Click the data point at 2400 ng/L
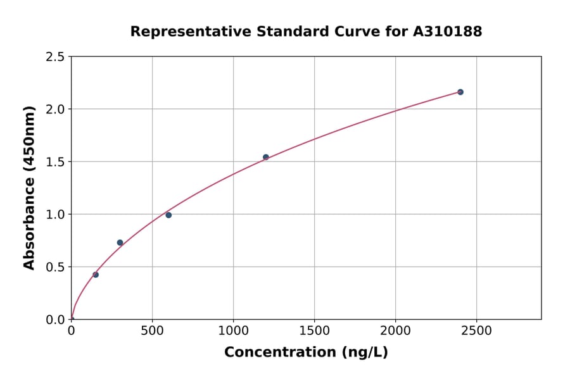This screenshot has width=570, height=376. tap(460, 92)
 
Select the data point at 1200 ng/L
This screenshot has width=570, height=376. tap(266, 157)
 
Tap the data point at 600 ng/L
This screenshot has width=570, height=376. tap(168, 215)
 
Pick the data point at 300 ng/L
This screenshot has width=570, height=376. tap(120, 242)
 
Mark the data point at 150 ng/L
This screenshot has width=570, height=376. tap(96, 275)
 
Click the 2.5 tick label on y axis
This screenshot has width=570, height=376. tap(56, 57)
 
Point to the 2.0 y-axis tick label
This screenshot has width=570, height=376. tap(56, 110)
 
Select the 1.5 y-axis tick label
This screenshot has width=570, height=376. tap(56, 162)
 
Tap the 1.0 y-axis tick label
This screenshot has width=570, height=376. tap(56, 215)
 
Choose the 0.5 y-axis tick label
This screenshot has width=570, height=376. tap(56, 267)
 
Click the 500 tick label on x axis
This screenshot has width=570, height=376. tap(152, 330)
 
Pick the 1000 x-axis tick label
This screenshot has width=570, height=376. tap(233, 330)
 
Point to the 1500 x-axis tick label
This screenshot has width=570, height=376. tap(314, 330)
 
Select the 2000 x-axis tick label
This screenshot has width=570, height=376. tap(395, 330)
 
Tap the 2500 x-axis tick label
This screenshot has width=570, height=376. tap(476, 330)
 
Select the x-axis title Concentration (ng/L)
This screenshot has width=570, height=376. tap(306, 353)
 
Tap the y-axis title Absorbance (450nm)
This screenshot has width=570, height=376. tap(29, 187)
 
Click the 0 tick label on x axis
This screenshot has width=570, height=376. tap(71, 330)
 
